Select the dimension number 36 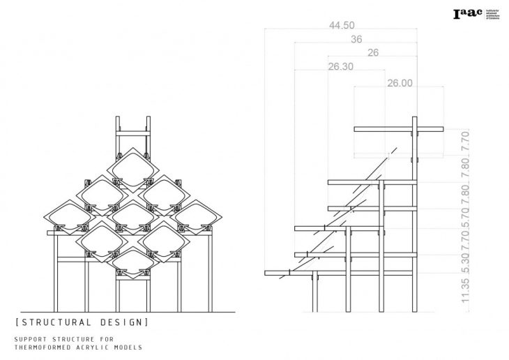356,40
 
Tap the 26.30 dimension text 340,67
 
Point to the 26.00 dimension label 400,82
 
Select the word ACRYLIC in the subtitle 95,347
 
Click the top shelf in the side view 399,128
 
